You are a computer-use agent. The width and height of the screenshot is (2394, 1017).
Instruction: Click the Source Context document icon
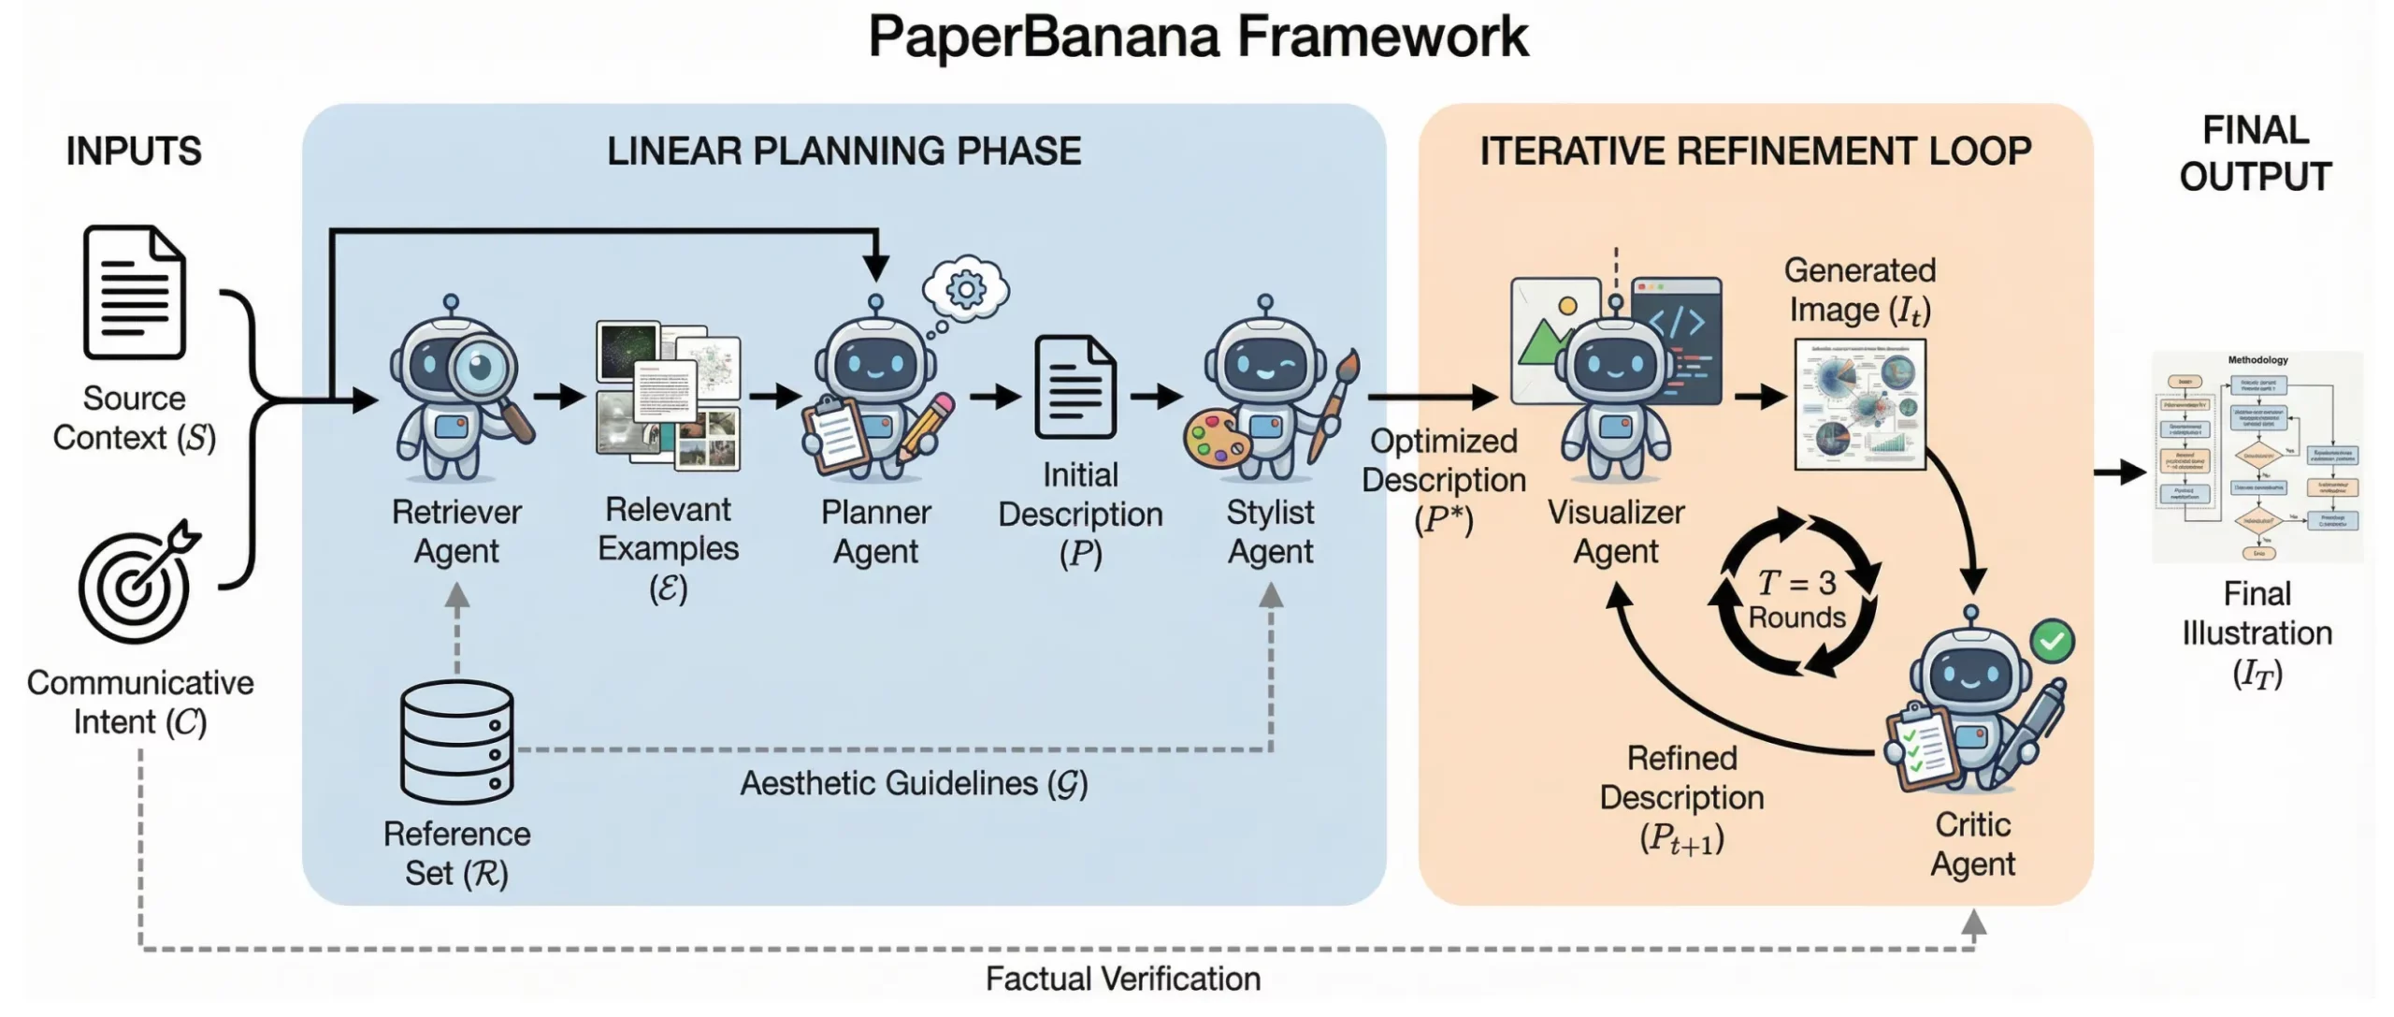click(135, 292)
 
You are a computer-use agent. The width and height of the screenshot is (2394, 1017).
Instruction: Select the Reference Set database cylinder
click(457, 741)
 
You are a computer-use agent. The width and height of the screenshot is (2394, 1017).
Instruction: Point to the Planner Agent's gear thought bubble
click(966, 288)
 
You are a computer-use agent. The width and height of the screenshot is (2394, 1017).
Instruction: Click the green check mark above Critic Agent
click(2053, 642)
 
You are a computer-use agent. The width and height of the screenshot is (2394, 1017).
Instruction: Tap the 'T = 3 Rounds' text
click(1796, 600)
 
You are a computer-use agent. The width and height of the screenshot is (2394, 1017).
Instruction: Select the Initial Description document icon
click(1076, 387)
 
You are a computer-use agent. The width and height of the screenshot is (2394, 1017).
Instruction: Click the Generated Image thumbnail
click(1860, 404)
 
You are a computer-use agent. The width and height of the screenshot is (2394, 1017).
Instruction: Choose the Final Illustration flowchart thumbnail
click(2257, 457)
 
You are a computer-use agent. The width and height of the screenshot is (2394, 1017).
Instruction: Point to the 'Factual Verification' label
click(1122, 979)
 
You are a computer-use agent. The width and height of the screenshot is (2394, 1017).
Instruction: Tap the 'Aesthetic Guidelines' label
click(914, 783)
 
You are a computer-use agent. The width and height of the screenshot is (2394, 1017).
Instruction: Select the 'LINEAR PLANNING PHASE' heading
click(844, 152)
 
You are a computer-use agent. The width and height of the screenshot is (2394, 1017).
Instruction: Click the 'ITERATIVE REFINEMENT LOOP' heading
click(1755, 152)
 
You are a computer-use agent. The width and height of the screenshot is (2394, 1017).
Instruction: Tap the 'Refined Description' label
click(1681, 777)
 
